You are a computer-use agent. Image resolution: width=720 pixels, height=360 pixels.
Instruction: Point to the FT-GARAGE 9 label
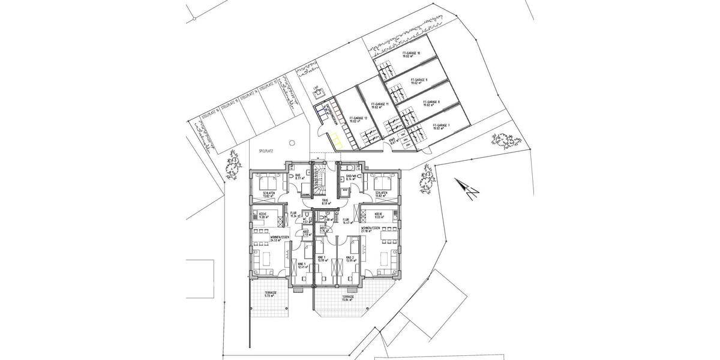[419, 80]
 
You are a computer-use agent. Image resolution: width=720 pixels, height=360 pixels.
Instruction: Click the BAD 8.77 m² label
[298, 177]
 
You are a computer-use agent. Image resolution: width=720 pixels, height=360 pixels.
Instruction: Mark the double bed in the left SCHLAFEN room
[266, 181]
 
